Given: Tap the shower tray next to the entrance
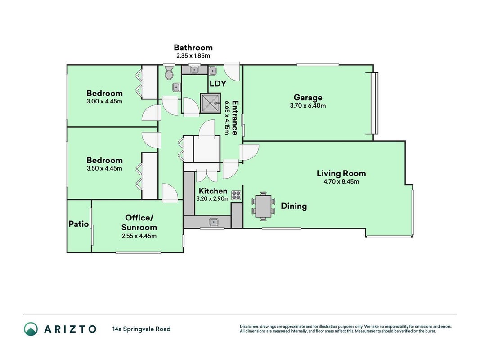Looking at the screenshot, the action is click(210, 103).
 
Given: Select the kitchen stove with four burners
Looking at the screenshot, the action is click(236, 195).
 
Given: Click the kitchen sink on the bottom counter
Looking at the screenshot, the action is click(213, 222).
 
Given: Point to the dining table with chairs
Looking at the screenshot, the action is click(263, 206).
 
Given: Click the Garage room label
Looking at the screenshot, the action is click(308, 98).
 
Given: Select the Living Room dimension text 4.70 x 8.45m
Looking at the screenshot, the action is click(341, 181).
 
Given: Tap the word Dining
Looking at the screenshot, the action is click(294, 206).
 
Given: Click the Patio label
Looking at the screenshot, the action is click(79, 224).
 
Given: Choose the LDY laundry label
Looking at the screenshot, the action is click(218, 84).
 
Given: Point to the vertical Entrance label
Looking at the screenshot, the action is click(235, 118).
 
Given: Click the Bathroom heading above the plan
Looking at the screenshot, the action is click(193, 47).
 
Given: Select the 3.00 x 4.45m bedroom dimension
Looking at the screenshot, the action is click(104, 101).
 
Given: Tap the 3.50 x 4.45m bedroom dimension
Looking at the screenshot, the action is click(104, 168).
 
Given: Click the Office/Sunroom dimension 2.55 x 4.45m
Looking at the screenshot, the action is click(139, 236).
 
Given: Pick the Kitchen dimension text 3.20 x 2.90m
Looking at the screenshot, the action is click(213, 198).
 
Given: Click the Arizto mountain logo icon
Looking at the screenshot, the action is click(31, 329).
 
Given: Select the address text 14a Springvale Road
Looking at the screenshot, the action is click(141, 329).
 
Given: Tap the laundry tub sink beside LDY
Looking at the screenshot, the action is click(213, 71).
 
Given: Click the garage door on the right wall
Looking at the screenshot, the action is click(374, 103).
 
